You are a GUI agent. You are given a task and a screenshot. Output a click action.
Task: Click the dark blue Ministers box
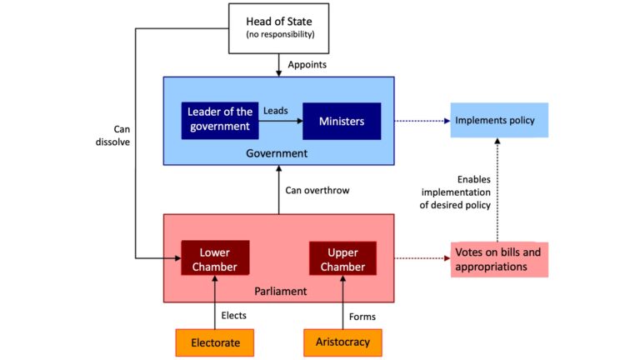click(342, 121)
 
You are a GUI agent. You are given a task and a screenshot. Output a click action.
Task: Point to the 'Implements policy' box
click(499, 121)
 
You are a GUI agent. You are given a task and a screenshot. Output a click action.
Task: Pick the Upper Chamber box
click(342, 258)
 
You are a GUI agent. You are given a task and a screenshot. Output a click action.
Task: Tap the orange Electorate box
click(214, 342)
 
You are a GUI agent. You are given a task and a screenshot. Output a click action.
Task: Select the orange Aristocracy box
click(342, 342)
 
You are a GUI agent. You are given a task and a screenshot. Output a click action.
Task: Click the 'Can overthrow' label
click(317, 190)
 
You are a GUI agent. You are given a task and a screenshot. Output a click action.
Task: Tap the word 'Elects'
click(234, 316)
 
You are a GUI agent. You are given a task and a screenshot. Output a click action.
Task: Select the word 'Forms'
click(362, 316)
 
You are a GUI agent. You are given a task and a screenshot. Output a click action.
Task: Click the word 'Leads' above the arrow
click(276, 109)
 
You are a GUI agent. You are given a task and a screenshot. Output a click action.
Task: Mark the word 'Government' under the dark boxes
click(277, 153)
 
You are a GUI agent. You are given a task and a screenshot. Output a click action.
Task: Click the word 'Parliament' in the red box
click(280, 292)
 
